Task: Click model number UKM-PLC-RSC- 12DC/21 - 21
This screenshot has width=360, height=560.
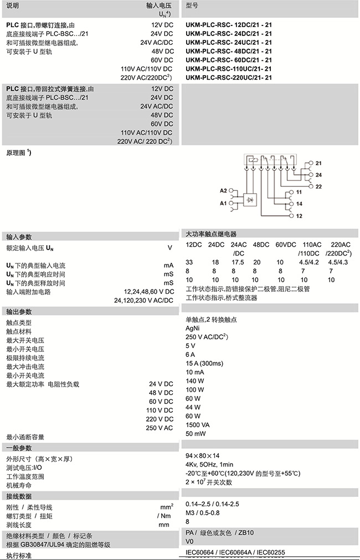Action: (229, 25)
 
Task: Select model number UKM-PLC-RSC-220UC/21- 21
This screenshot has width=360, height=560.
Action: (229, 77)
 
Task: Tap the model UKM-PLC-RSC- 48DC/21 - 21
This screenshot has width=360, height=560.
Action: (229, 51)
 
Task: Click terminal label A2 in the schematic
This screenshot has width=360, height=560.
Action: (224, 190)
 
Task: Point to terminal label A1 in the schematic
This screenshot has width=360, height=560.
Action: (224, 204)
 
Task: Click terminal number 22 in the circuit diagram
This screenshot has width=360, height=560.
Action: (318, 186)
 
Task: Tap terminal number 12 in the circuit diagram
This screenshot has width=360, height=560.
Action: (299, 216)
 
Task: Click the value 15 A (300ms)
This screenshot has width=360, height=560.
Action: (204, 363)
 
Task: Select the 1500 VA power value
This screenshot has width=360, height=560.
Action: (198, 424)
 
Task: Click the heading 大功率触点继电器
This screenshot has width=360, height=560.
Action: (211, 234)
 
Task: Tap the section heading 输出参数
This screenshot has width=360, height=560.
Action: (19, 311)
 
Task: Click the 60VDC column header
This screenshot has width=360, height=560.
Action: (287, 245)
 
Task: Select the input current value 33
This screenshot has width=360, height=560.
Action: (189, 262)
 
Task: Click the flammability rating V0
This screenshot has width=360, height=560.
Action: (189, 541)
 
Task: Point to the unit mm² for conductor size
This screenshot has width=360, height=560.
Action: (167, 506)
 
